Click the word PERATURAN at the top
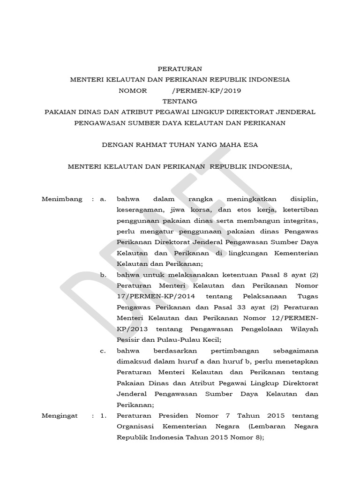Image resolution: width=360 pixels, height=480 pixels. pos(180,68)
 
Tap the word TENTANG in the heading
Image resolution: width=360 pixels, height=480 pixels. pos(180,101)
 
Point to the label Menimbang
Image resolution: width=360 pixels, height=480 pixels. pos(62,199)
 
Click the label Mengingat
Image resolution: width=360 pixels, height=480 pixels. pos(60,416)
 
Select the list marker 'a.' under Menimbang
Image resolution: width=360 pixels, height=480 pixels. pos(103,199)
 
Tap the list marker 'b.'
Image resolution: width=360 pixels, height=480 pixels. pos(103,275)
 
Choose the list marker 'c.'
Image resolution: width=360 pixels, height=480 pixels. pos(103,351)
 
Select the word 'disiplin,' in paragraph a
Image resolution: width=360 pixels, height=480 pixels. pos(303,199)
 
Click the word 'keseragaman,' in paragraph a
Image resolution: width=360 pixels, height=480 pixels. pos(139,210)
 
